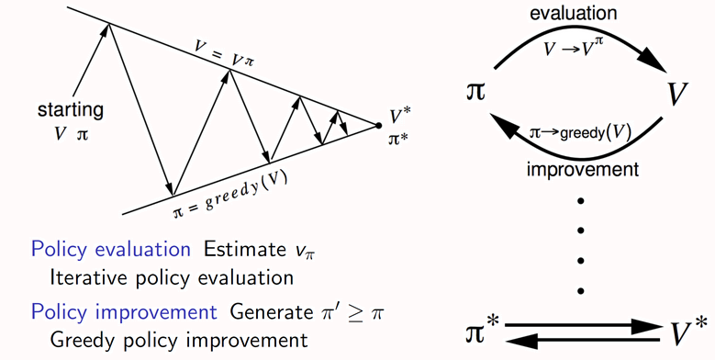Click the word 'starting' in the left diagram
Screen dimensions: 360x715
coord(70,110)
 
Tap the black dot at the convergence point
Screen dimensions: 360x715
coord(377,125)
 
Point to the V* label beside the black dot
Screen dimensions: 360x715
coord(399,117)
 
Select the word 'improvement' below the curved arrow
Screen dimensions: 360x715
coord(583,169)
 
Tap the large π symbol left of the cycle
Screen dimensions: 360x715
coord(477,94)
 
